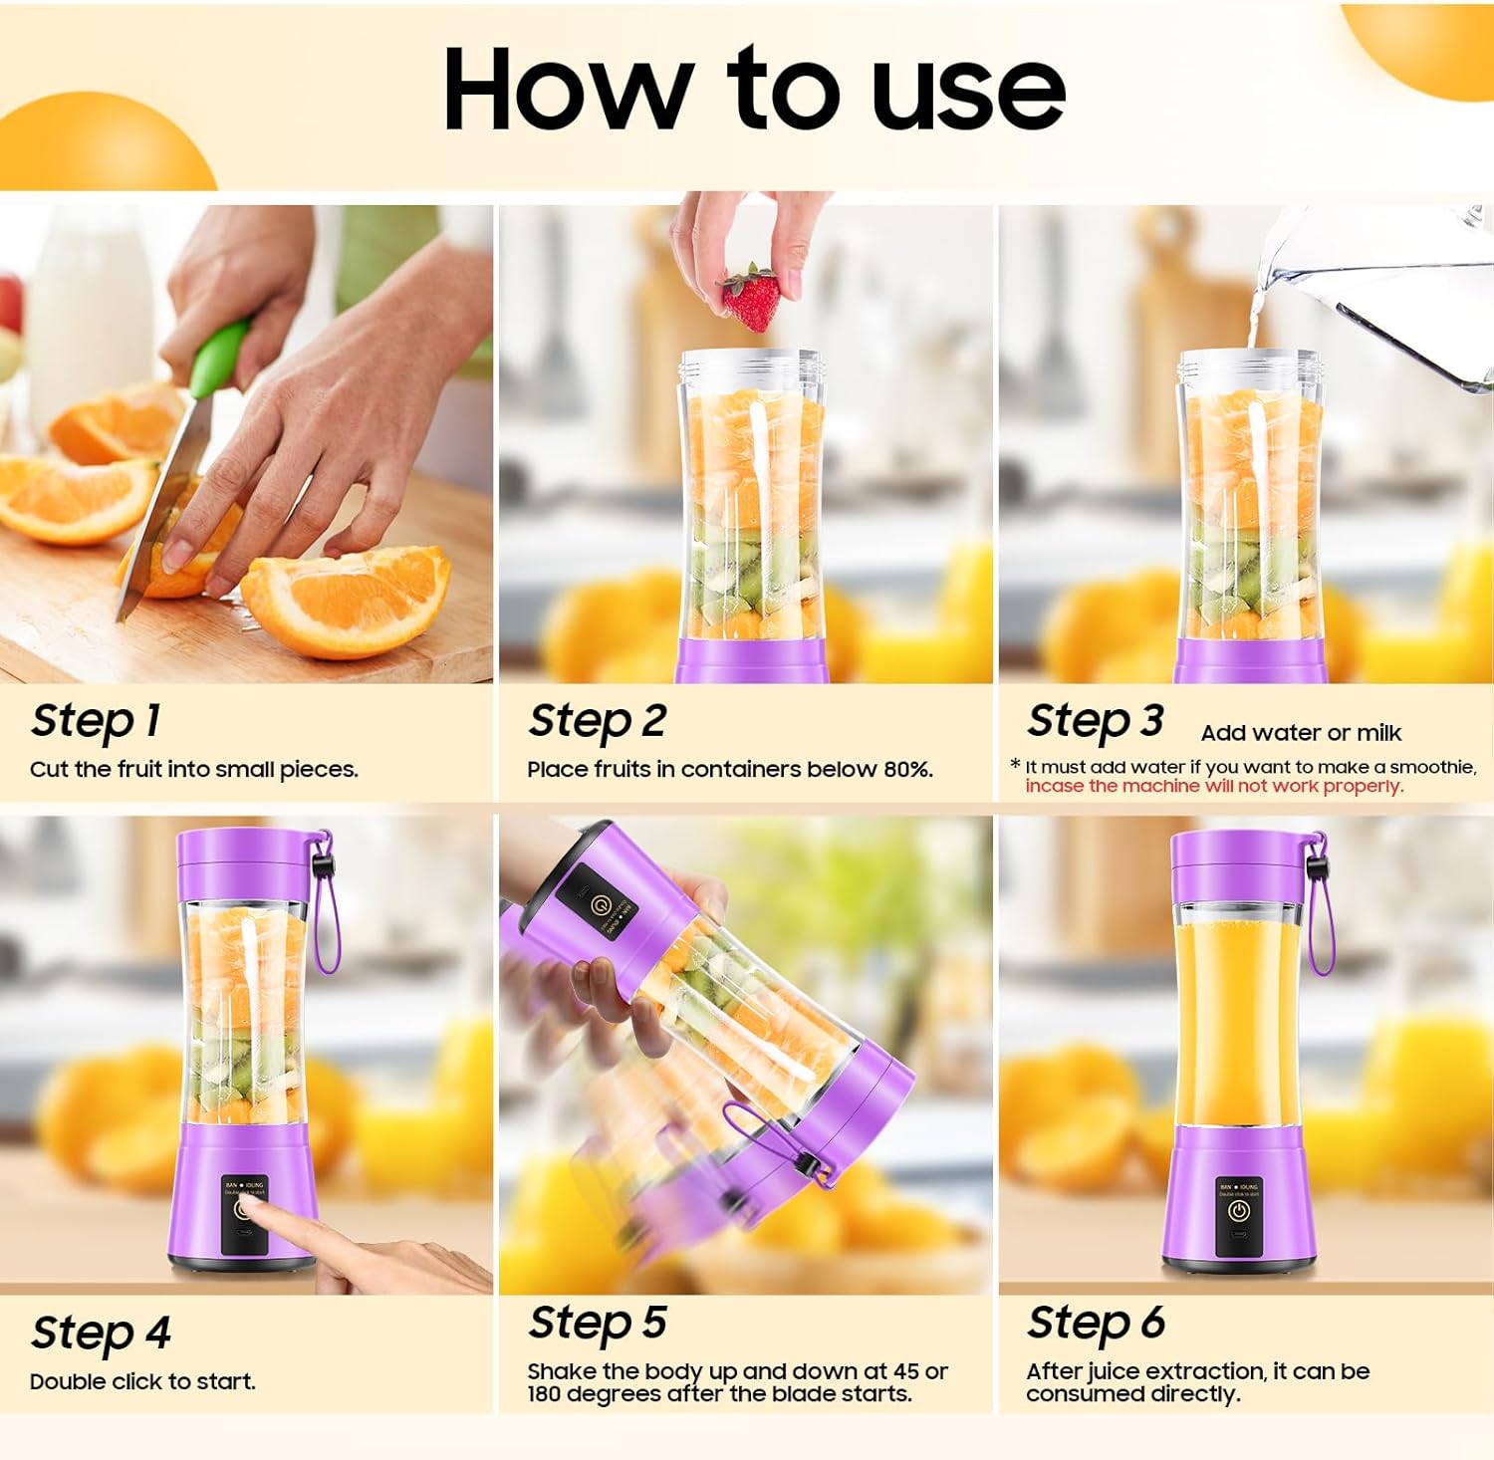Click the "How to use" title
click(754, 90)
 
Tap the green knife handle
click(218, 359)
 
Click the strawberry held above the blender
click(752, 298)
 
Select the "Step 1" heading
click(96, 721)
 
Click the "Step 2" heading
click(597, 721)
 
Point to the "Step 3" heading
click(1095, 721)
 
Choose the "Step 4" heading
click(101, 1333)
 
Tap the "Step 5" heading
click(597, 1324)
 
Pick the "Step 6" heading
click(1096, 1324)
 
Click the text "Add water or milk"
click(1300, 733)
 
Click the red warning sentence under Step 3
click(1214, 787)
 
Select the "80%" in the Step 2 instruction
click(906, 770)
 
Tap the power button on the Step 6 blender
click(1238, 1211)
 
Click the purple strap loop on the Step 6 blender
click(1319, 921)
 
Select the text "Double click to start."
click(142, 1382)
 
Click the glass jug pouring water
click(1394, 289)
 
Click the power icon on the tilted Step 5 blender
click(600, 905)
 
